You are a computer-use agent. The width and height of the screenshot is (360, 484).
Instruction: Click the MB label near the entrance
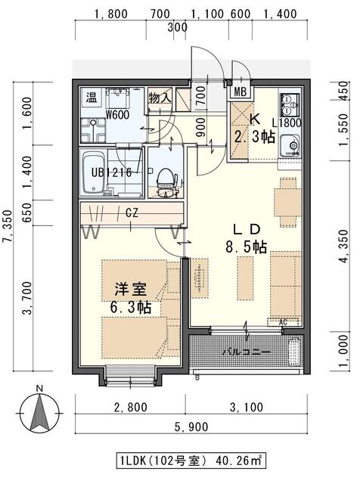[241, 92]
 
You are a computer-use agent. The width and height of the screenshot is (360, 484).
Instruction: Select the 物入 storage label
[160, 98]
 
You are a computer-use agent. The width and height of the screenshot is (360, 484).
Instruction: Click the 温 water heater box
[91, 97]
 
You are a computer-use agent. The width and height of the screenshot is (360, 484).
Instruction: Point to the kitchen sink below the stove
[290, 145]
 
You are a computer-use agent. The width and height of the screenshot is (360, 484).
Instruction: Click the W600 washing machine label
[117, 116]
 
